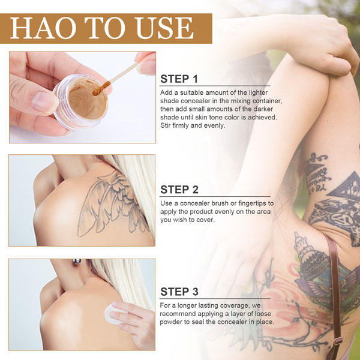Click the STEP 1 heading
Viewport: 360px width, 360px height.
tap(179, 79)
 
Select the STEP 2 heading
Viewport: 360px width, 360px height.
tap(179, 190)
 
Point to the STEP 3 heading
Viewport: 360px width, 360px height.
tap(179, 292)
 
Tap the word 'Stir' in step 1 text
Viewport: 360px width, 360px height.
tap(166, 125)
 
